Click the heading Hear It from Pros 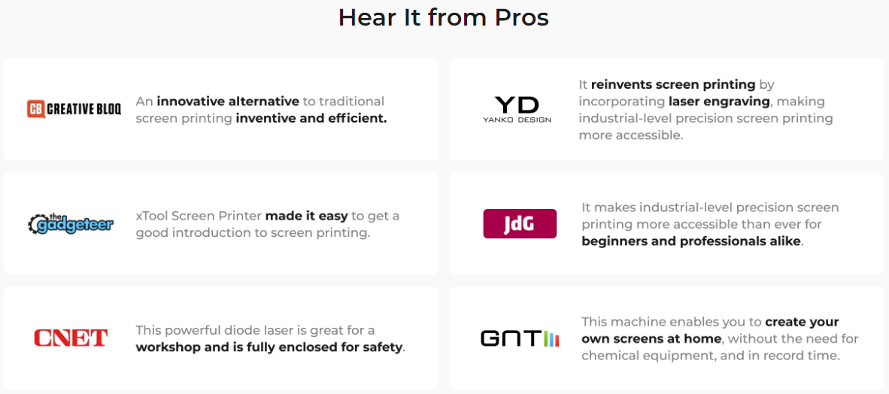[x=443, y=17]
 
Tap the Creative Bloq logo [x=74, y=109]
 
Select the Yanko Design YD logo [x=517, y=110]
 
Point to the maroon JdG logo [x=520, y=223]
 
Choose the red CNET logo [x=70, y=338]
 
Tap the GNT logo [x=520, y=339]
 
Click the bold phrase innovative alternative [x=228, y=102]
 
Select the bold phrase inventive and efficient [x=311, y=120]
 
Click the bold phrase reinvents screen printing [x=673, y=84]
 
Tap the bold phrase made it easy [x=306, y=216]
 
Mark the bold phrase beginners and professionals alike [x=691, y=241]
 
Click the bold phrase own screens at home [x=651, y=340]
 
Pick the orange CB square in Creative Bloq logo [x=35, y=109]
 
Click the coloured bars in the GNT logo [x=551, y=339]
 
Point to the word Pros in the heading [x=522, y=17]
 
